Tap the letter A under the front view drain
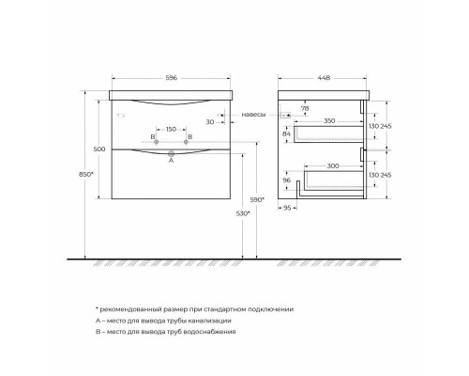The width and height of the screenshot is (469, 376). click(x=171, y=161)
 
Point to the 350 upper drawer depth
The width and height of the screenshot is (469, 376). click(x=329, y=122)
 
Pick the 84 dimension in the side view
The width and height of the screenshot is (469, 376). click(x=287, y=135)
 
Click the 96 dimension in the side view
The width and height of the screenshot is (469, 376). click(x=287, y=181)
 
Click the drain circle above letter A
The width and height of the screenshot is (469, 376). click(x=171, y=151)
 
